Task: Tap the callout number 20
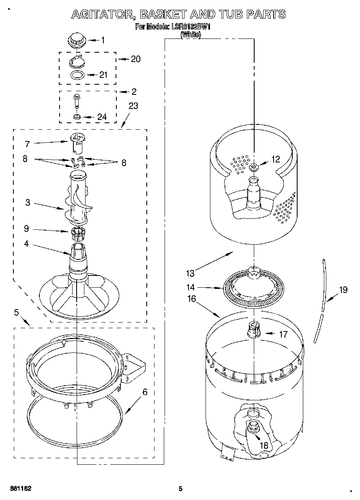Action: (135, 59)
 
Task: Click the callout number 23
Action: (133, 106)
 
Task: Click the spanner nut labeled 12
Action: (254, 167)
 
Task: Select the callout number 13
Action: (190, 273)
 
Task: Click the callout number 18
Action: (264, 445)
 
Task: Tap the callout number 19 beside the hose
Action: (343, 290)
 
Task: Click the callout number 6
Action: (145, 392)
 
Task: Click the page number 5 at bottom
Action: (181, 489)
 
